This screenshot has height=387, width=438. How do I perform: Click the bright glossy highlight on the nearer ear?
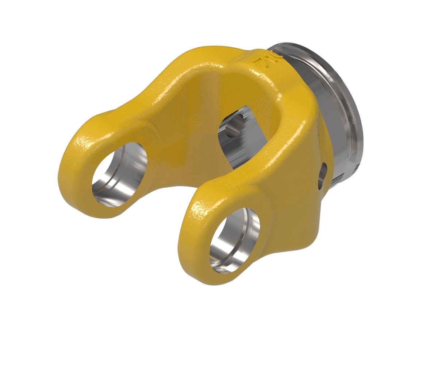pyautogui.click(x=201, y=211)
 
